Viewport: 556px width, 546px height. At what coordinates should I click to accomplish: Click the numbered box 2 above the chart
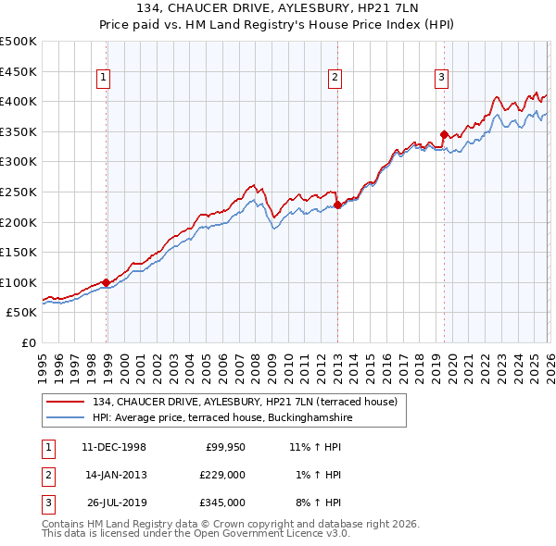(x=335, y=78)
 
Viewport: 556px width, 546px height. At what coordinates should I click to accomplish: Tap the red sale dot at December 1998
(x=107, y=282)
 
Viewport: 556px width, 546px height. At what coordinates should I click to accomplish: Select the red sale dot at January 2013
(x=338, y=205)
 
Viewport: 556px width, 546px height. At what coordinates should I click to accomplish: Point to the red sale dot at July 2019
(x=445, y=134)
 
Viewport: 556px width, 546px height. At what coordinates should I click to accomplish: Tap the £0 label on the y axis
(x=28, y=342)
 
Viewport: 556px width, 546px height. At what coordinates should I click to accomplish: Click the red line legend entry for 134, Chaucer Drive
(x=245, y=402)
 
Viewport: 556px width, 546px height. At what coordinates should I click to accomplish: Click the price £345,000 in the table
(x=221, y=503)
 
